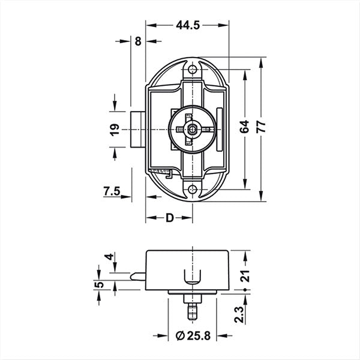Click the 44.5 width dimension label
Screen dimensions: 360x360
tap(188, 25)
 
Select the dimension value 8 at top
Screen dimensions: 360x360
tap(139, 41)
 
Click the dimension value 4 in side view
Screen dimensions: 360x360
tap(108, 257)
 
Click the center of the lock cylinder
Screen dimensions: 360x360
tap(191, 128)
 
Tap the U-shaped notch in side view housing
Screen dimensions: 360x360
tap(192, 277)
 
